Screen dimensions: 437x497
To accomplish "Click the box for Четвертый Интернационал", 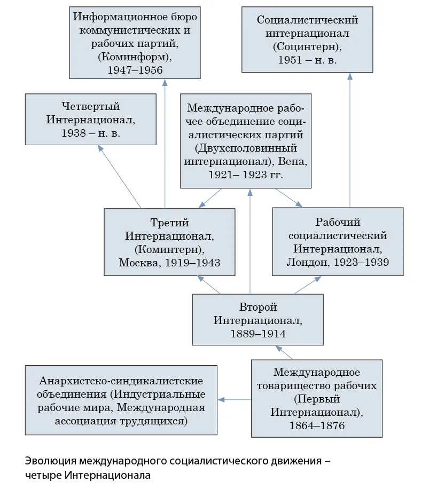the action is point(91,119).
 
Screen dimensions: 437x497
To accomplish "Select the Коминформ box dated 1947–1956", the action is point(135,43).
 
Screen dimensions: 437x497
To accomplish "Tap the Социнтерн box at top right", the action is point(307,40).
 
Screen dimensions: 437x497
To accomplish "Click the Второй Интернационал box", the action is point(258,319).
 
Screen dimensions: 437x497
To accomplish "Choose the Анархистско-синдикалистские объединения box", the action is point(121,400).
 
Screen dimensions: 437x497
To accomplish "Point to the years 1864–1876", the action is point(317,425).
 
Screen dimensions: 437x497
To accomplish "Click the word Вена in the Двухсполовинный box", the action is point(292,162).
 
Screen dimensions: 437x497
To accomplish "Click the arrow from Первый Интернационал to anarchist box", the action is point(235,400).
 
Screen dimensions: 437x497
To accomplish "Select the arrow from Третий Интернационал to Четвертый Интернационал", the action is point(119,177).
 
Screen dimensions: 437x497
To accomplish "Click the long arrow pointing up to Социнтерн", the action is point(350,140).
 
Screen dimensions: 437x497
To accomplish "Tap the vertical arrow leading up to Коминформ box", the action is point(165,144).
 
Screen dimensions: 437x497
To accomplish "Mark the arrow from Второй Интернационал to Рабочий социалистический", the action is point(308,285).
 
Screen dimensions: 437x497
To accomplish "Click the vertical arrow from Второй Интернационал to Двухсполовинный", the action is point(250,241).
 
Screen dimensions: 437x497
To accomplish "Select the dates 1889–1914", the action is point(258,334).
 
